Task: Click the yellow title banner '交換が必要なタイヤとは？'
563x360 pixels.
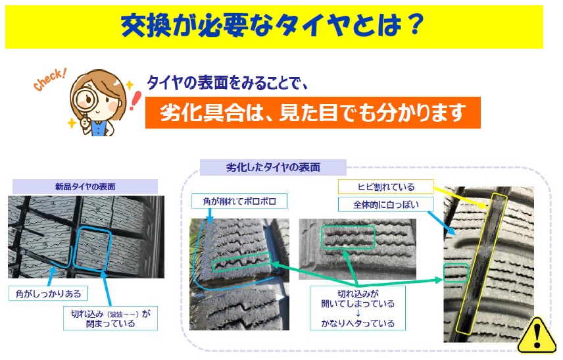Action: click(x=274, y=27)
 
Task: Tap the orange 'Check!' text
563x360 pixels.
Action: click(x=49, y=80)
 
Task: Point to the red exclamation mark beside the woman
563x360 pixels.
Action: click(x=135, y=101)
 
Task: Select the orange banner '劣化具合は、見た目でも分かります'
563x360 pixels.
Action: click(x=312, y=113)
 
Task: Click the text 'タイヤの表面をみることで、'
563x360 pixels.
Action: click(x=228, y=83)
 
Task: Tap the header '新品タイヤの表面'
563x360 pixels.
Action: click(x=85, y=186)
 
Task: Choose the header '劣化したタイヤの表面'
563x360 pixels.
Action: click(x=273, y=167)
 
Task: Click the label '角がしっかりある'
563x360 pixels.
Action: click(x=48, y=294)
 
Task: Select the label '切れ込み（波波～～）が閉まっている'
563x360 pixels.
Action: click(x=110, y=319)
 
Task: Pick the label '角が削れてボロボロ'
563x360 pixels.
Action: click(x=239, y=201)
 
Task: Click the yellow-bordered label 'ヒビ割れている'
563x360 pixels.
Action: click(x=385, y=186)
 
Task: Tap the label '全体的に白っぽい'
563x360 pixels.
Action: click(x=385, y=205)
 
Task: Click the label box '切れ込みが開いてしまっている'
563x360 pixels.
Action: click(x=358, y=308)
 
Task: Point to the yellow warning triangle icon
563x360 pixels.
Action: click(x=537, y=336)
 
